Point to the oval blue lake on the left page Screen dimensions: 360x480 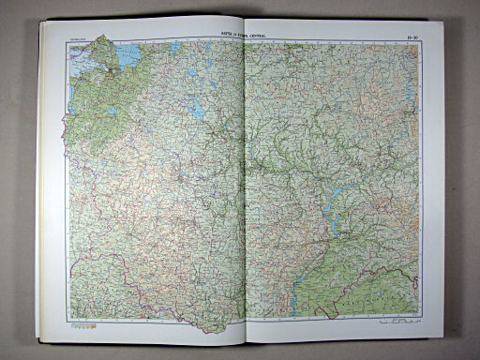coord(200,109)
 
